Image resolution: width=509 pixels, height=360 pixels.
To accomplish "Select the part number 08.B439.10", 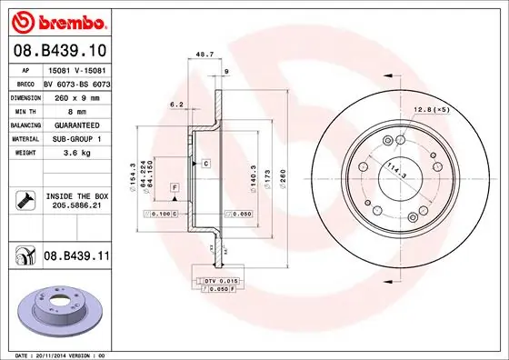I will point(62,51).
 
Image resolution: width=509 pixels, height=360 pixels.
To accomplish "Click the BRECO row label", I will point(25,82).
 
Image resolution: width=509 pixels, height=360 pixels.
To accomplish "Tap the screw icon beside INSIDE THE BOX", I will point(26,201).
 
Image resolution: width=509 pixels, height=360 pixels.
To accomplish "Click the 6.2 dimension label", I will point(177,105).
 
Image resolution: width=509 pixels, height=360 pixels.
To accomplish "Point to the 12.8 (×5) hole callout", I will point(433,110).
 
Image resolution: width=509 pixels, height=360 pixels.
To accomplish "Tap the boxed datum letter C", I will point(206,163).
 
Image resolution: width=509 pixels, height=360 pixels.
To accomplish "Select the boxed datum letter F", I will point(174,187).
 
